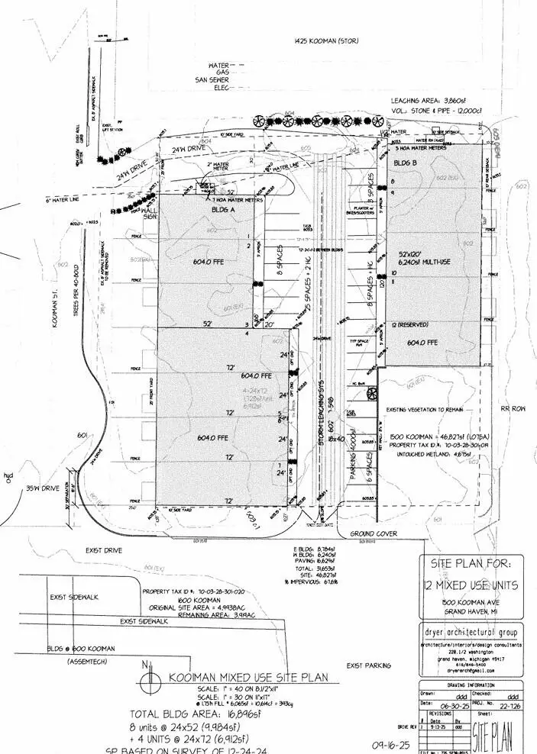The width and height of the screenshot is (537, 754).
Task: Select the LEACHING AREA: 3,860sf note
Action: pos(427,100)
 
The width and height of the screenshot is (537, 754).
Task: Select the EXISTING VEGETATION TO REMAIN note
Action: pos(435,409)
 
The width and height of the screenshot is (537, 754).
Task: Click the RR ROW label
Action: pos(510,410)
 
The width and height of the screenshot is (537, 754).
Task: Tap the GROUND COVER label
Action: pos(375,533)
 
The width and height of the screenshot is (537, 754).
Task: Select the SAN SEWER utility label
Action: pos(213,79)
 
